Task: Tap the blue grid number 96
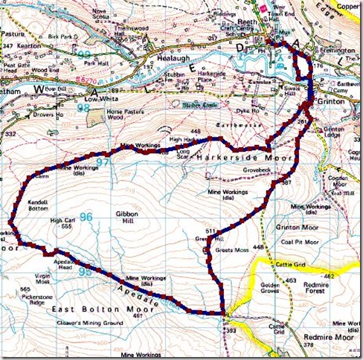tap(86, 218)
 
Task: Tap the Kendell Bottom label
tap(42, 207)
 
